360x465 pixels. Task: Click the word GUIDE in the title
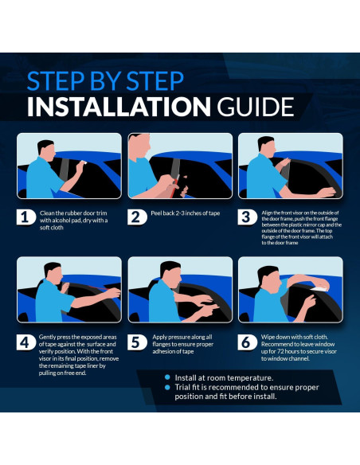tap(256, 107)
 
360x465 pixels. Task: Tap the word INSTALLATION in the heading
tap(119, 107)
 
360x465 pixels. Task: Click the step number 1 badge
tap(25, 217)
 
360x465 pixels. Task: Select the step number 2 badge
tap(137, 217)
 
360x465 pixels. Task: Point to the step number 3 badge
tap(247, 217)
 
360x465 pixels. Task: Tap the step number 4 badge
tap(25, 342)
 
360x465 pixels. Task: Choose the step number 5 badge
tap(137, 342)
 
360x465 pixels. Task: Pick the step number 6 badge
tap(247, 342)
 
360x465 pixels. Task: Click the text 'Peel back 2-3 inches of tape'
tap(186, 213)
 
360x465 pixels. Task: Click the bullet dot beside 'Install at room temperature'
tap(167, 377)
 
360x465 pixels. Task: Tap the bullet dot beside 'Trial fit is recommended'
tap(167, 387)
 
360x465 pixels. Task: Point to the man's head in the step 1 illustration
tap(47, 150)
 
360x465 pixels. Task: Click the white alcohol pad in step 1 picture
tap(84, 162)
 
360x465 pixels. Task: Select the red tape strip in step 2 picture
tap(176, 181)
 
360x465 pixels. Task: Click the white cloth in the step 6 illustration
tap(319, 288)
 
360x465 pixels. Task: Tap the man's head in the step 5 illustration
tap(170, 273)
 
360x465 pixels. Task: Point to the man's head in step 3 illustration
tap(266, 147)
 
